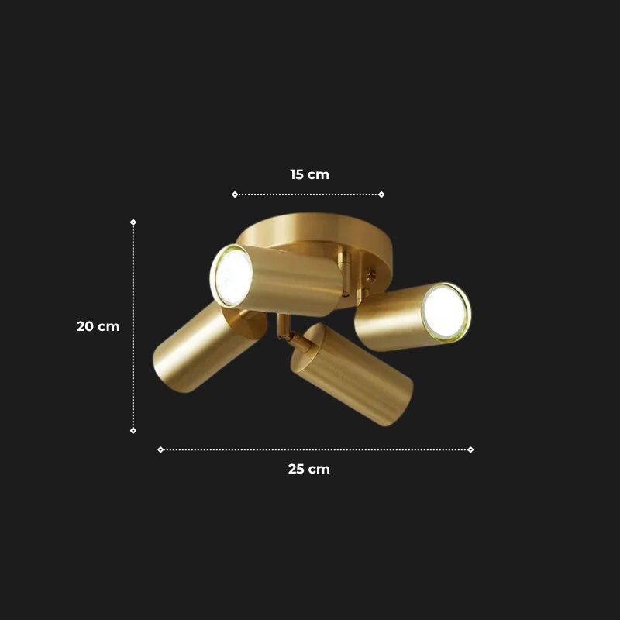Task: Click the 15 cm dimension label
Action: (x=309, y=174)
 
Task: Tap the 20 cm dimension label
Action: (x=98, y=326)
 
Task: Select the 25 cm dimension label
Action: (x=309, y=469)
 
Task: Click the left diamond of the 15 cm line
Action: (x=235, y=195)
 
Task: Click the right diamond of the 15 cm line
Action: (x=381, y=195)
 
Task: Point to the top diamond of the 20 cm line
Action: (x=133, y=222)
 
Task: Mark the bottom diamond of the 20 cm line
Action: (x=133, y=430)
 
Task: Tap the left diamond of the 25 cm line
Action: (x=160, y=449)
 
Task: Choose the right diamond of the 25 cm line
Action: (x=470, y=449)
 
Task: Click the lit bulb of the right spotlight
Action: (x=446, y=312)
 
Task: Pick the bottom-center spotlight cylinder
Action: (x=353, y=376)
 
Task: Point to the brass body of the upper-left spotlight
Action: (x=298, y=281)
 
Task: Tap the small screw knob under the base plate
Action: (x=370, y=274)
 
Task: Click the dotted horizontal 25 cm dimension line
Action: (x=232, y=449)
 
